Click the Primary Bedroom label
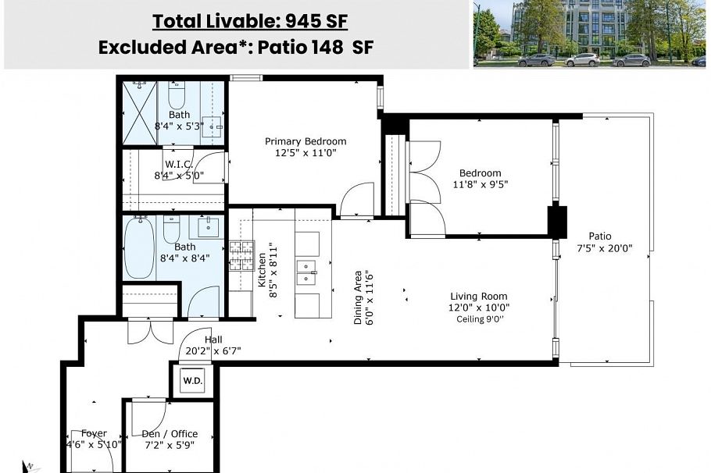coord(305,141)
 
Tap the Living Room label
coord(478,296)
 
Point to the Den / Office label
coord(170,433)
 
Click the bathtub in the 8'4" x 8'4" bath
coord(140,247)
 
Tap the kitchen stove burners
coord(241,255)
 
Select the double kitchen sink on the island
coord(306,271)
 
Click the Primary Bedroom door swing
coord(355,199)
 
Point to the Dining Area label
coord(358,297)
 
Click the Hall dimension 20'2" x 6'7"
coord(213,351)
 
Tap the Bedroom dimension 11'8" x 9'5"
coord(480,185)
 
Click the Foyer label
coord(94,433)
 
